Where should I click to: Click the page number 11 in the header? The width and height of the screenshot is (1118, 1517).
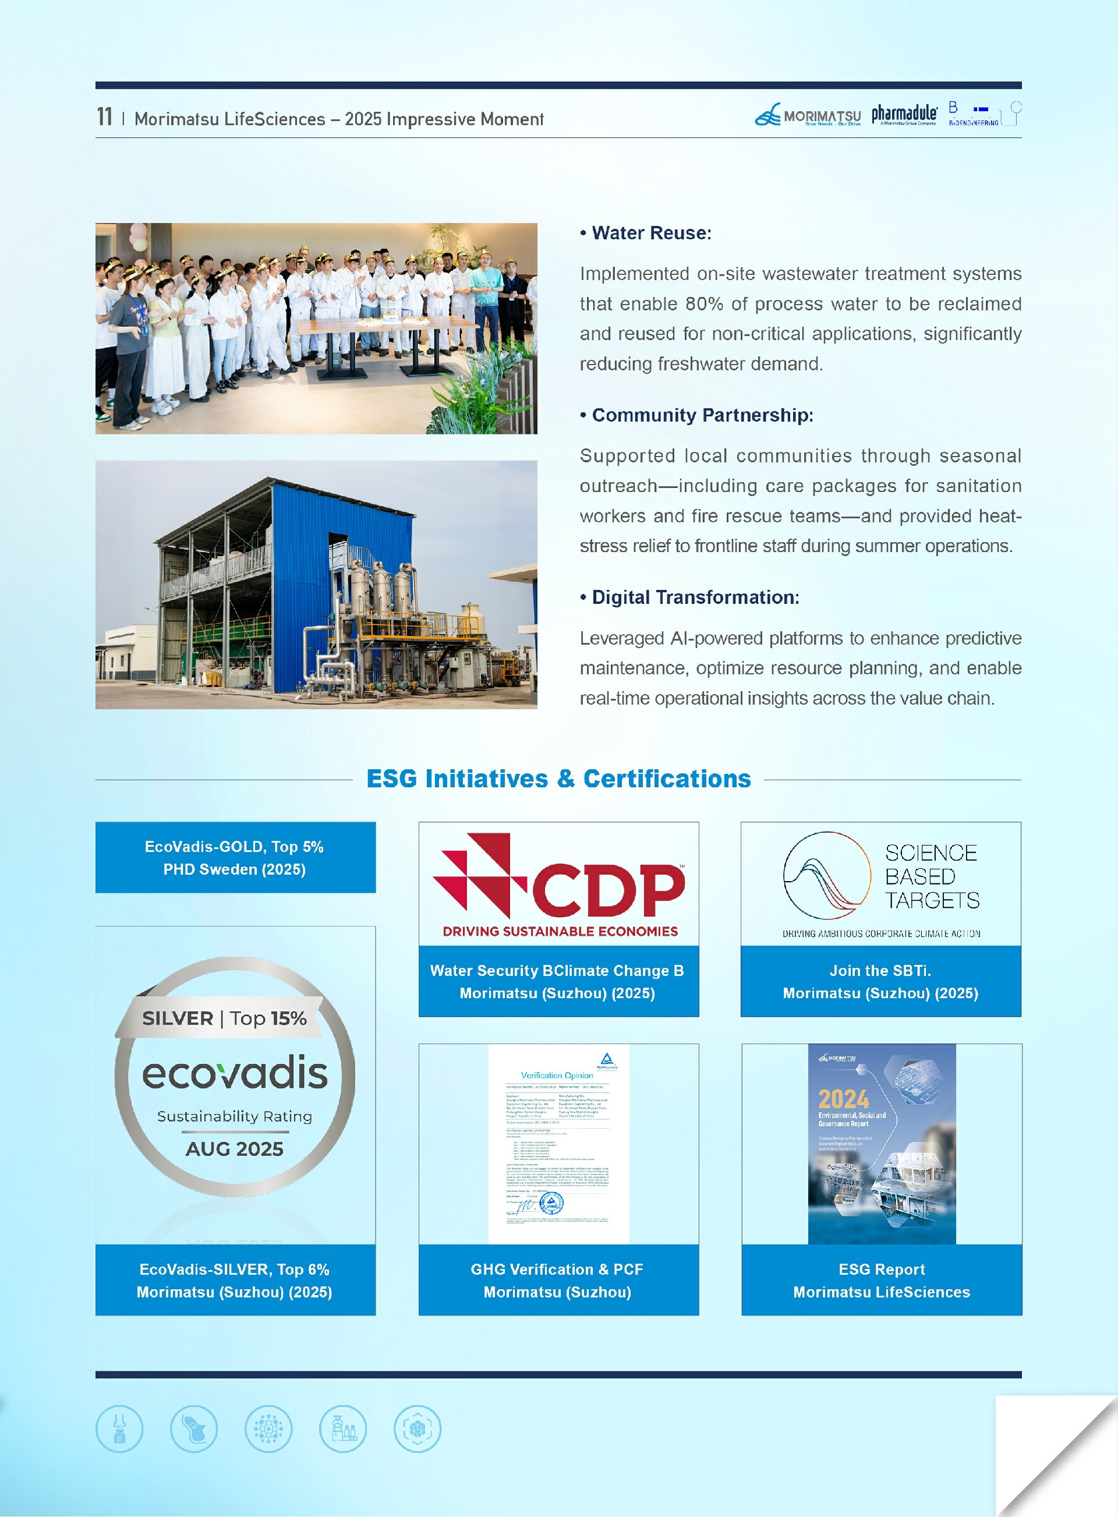pyautogui.click(x=104, y=117)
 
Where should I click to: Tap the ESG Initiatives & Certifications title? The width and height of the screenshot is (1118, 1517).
pyautogui.click(x=558, y=779)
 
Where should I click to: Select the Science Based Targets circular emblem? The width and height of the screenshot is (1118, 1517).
pyautogui.click(x=826, y=874)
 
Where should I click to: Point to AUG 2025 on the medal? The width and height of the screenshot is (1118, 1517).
pyautogui.click(x=235, y=1148)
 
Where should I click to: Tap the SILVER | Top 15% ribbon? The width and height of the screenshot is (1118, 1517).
pyautogui.click(x=224, y=1019)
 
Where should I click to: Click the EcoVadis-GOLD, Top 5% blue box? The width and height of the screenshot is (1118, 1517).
pyautogui.click(x=235, y=857)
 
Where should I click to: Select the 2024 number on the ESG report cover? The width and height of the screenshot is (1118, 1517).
pyautogui.click(x=843, y=1098)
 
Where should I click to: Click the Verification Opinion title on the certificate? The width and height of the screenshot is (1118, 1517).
pyautogui.click(x=556, y=1075)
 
